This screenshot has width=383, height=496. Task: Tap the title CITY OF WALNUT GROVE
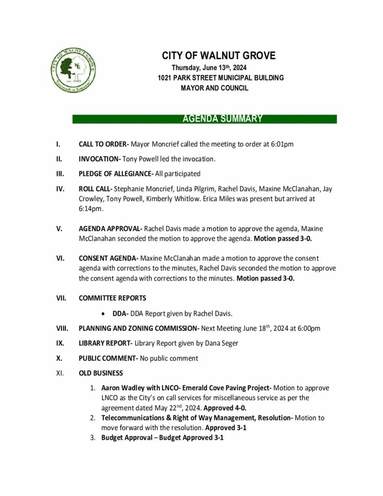(218, 56)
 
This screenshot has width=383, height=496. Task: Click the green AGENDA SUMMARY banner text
(222, 119)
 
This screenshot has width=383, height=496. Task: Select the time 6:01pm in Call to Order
(282, 144)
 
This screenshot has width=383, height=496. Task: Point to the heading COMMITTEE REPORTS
(112, 298)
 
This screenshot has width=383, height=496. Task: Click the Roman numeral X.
(59, 358)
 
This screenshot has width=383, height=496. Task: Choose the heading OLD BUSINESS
(101, 373)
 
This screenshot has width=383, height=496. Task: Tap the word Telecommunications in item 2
(135, 418)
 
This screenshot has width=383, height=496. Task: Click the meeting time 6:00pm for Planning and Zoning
(308, 329)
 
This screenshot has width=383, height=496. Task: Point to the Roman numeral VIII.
(61, 329)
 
